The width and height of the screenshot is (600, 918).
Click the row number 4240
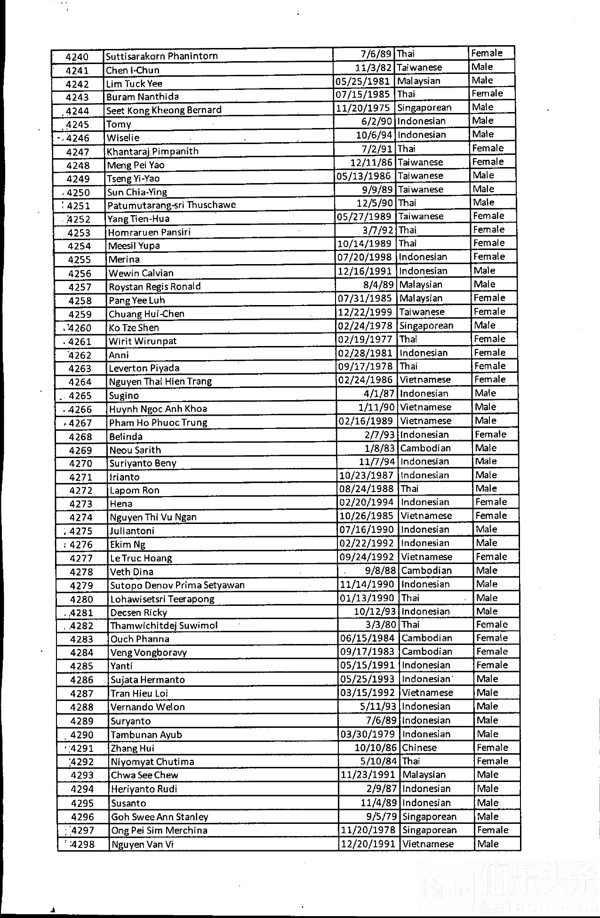click(77, 57)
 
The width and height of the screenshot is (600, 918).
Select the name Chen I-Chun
click(133, 70)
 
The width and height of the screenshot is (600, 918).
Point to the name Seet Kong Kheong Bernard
click(164, 110)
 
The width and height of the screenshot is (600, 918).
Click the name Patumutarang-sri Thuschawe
click(171, 205)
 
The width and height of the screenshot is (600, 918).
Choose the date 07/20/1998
click(365, 257)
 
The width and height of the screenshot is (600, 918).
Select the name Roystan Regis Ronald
click(155, 287)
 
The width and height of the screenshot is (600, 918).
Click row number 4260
click(80, 328)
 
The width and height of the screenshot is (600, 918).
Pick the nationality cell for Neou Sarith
click(425, 448)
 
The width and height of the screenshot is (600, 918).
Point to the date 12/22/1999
click(366, 312)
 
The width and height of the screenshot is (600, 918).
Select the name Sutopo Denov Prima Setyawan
click(177, 585)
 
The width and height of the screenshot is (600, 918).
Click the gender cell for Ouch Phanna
click(492, 638)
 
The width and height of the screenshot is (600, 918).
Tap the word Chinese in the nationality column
click(419, 748)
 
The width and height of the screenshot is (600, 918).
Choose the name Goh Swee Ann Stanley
click(160, 817)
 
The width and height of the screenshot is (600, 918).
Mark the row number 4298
click(82, 844)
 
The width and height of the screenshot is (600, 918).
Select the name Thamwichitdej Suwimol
click(164, 626)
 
